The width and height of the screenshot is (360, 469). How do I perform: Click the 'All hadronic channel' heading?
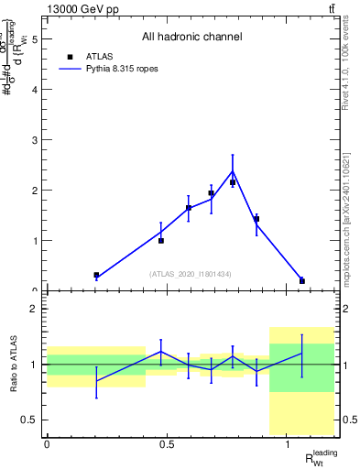click(x=191, y=38)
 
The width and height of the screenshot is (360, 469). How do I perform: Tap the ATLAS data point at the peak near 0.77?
click(x=233, y=182)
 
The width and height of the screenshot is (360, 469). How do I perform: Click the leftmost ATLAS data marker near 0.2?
click(x=96, y=275)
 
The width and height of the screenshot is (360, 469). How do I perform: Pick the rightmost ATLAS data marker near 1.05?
click(x=302, y=280)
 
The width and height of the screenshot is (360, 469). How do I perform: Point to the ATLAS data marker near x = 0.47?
click(x=161, y=240)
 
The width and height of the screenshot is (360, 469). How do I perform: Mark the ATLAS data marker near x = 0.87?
click(x=256, y=219)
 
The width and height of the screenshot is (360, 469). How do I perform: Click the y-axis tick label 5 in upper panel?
click(x=35, y=39)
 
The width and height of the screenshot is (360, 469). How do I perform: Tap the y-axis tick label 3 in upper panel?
click(x=35, y=140)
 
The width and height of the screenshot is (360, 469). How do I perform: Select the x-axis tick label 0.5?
click(x=167, y=445)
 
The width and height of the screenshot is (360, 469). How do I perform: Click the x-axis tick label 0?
click(x=47, y=445)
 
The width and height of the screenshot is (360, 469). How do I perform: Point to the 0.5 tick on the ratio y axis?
click(x=30, y=420)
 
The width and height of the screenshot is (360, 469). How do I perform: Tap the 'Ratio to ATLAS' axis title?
click(x=12, y=365)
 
